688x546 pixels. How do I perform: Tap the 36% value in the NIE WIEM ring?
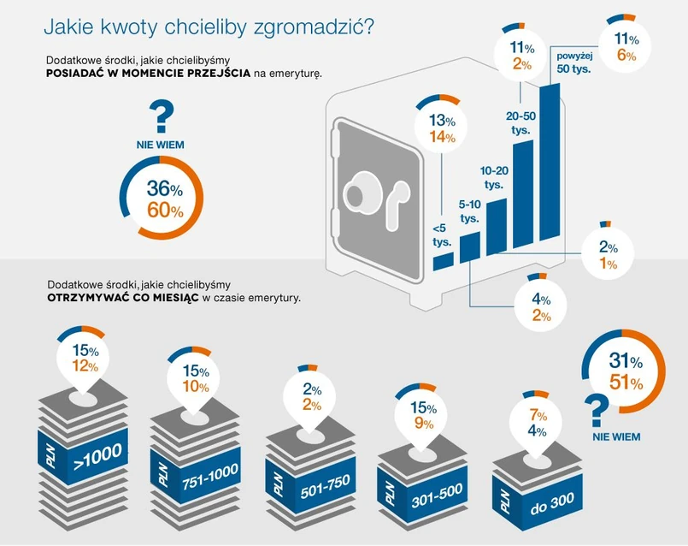tap(164, 189)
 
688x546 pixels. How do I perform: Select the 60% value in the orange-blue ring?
tap(164, 210)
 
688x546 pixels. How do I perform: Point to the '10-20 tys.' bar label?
tap(493, 177)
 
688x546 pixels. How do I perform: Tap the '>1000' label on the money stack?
tap(99, 454)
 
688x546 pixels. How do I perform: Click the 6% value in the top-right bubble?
tap(626, 56)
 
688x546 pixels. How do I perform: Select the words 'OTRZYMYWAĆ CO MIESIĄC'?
tap(123, 297)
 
